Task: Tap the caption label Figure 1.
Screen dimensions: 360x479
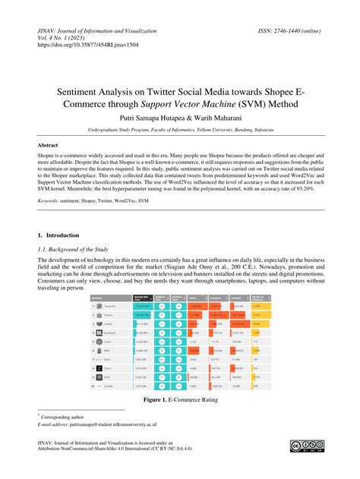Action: [152, 397]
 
